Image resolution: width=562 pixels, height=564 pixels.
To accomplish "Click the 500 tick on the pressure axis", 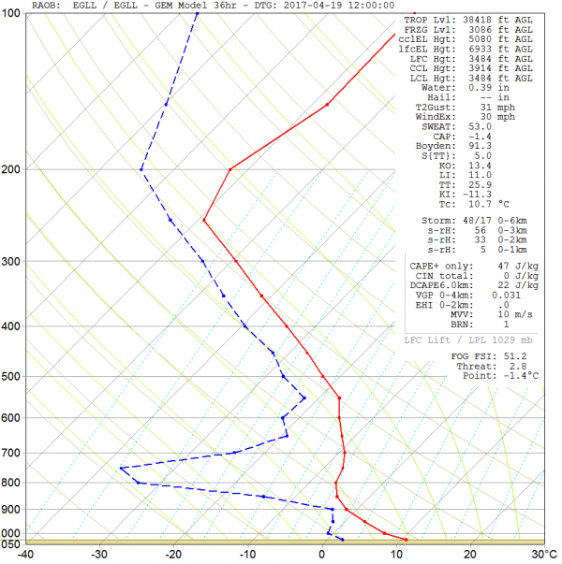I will [12, 377].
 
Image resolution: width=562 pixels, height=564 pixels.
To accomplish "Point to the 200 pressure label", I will [12, 169].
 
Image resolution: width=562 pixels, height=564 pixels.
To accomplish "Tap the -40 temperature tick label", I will [26, 554].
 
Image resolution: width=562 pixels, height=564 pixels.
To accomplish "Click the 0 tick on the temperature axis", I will [323, 554].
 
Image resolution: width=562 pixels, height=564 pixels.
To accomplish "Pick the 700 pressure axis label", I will [12, 453].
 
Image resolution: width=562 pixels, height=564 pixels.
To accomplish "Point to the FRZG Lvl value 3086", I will [487, 30].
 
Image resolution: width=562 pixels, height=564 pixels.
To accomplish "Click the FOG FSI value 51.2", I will [514, 356].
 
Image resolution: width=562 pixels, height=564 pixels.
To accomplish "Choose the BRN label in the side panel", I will [453, 323].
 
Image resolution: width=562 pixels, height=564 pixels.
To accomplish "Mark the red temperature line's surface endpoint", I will [406, 540].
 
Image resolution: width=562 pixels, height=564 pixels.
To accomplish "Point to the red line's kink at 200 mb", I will [229, 169].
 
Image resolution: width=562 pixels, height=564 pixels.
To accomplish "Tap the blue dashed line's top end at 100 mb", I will [198, 13].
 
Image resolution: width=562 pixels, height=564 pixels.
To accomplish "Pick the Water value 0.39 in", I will [496, 88].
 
